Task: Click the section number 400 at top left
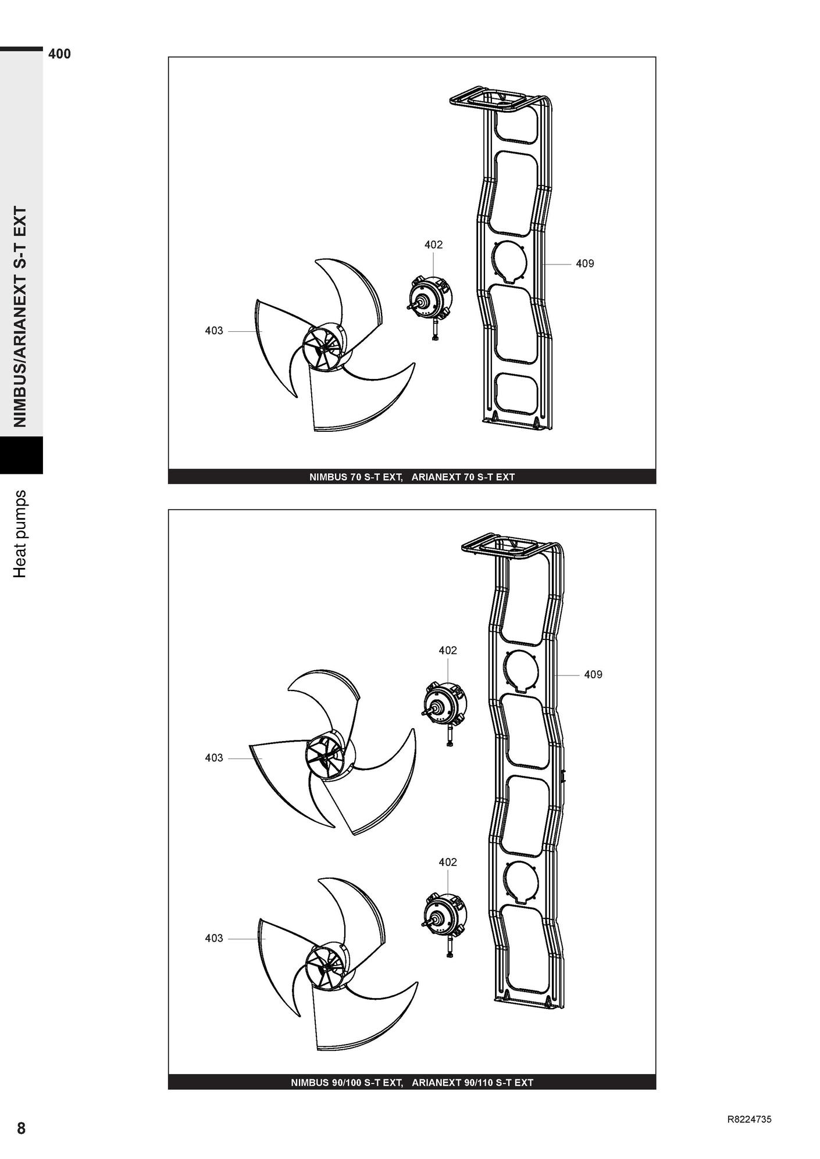(x=59, y=54)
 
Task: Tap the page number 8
(x=22, y=1129)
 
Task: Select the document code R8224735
(x=749, y=1119)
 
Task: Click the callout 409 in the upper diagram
(x=585, y=264)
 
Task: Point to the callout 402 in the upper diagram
(x=433, y=245)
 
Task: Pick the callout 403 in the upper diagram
(x=214, y=331)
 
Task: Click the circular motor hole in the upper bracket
(x=509, y=262)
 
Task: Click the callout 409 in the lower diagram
(x=593, y=675)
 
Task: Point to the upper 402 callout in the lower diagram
(x=448, y=650)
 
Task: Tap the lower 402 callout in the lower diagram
(x=448, y=862)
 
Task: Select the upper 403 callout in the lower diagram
(x=214, y=758)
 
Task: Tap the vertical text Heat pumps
(x=20, y=534)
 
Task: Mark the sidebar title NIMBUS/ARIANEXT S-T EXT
(x=20, y=317)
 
